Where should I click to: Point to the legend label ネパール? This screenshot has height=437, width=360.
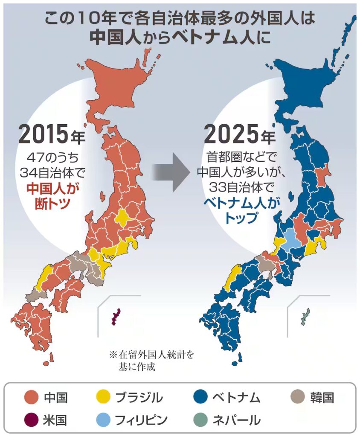click(x=236, y=420)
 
